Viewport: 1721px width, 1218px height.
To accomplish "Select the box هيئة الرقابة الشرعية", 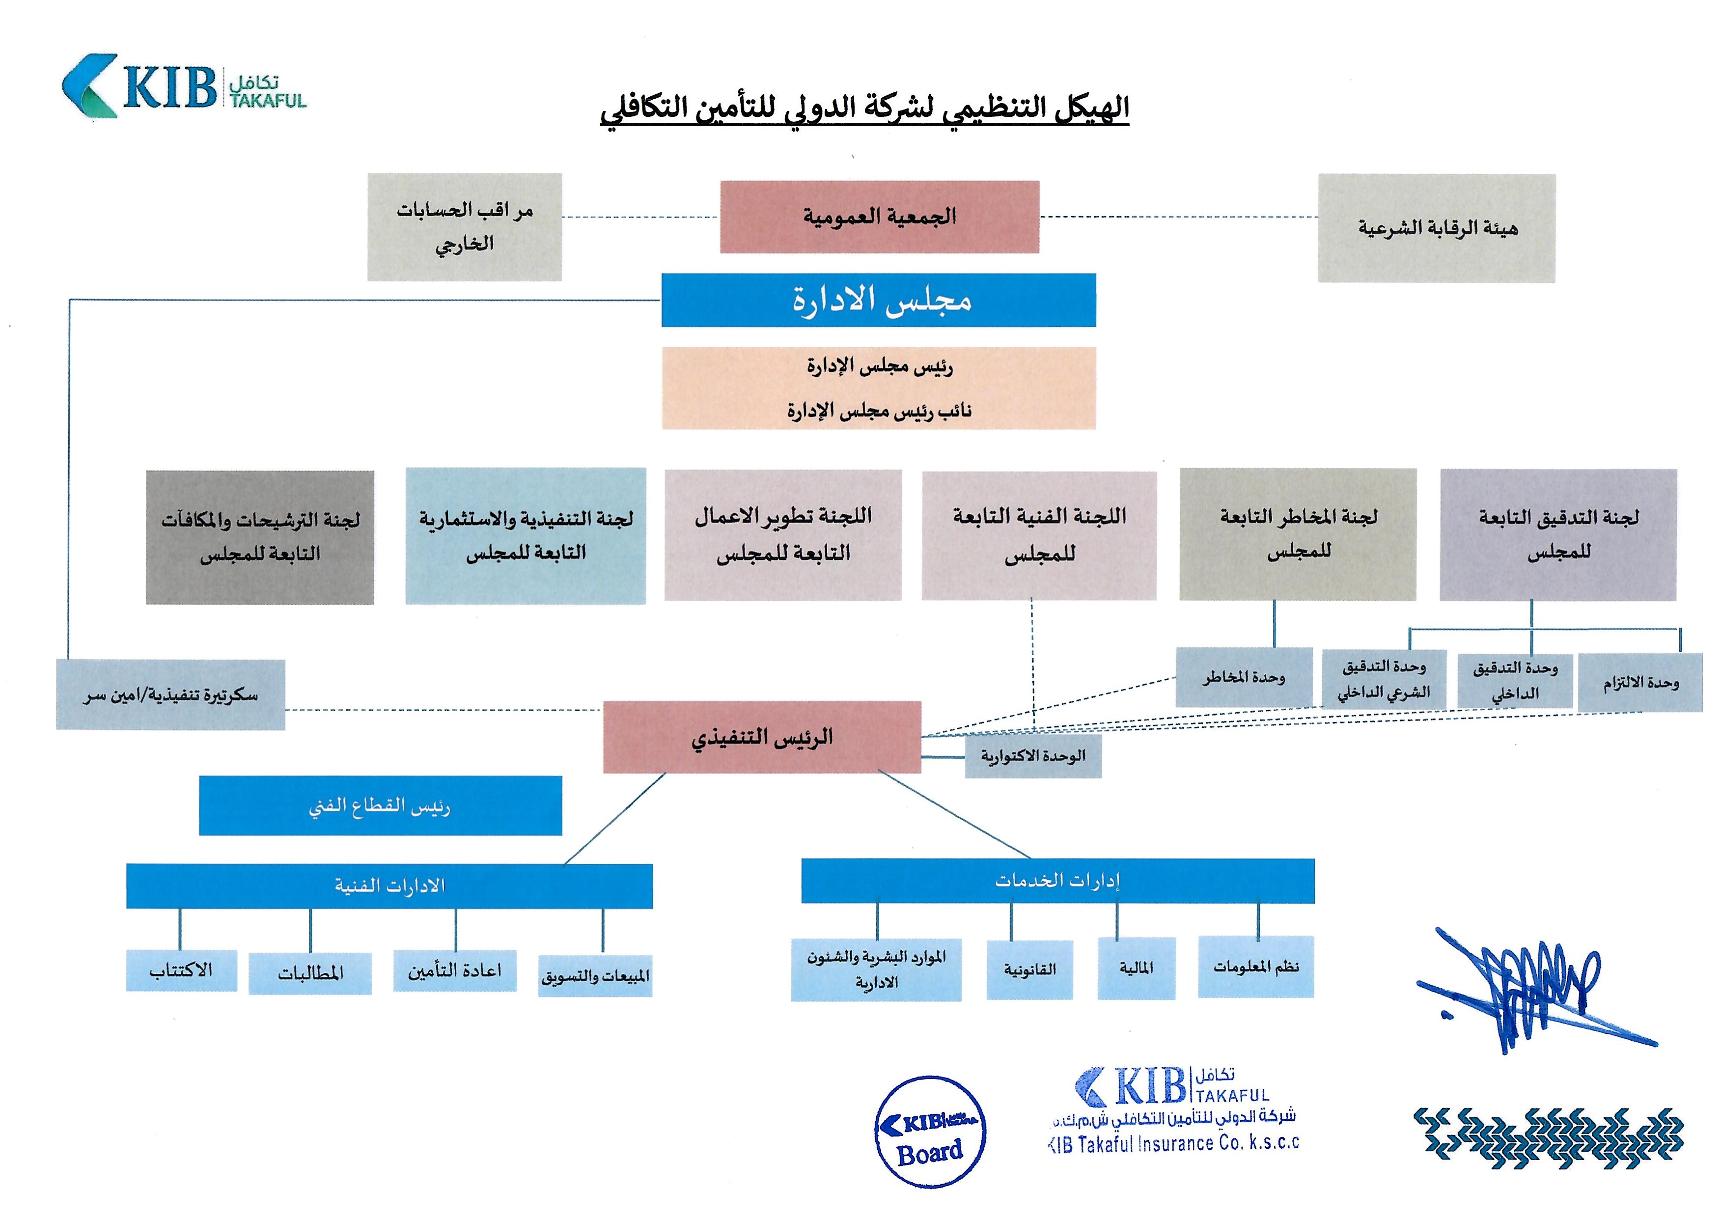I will coord(1436,228).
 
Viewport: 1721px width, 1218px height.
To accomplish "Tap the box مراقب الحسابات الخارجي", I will coord(464,227).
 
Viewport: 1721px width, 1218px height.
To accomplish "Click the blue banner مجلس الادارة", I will coord(878,300).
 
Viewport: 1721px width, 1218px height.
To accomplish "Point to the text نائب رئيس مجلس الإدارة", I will coord(879,410).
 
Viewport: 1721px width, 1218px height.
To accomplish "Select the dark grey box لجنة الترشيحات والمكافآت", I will coord(259,537).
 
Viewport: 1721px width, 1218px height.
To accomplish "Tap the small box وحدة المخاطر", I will coord(1243,677).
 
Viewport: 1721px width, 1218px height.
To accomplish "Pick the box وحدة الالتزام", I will coord(1640,683).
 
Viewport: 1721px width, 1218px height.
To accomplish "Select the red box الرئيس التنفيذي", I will coord(762,737).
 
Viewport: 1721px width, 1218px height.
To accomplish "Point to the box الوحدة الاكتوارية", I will coord(1032,756).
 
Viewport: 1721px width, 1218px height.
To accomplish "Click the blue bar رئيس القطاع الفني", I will coord(380,805).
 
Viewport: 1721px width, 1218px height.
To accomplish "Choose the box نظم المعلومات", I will coord(1255,967).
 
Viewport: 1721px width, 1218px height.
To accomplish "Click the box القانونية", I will coord(1029,969).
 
